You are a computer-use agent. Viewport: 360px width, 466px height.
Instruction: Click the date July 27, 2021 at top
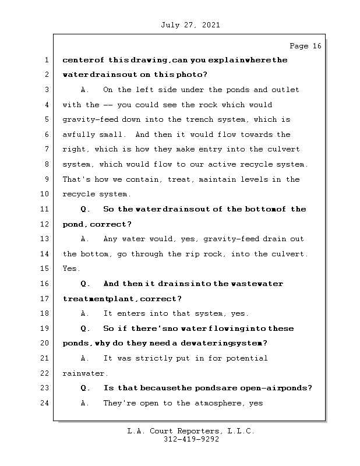[189, 25]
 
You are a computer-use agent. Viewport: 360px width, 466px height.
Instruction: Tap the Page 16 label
[305, 46]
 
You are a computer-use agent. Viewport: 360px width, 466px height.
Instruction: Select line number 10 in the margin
[45, 195]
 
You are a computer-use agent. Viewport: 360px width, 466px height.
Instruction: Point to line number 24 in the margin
[45, 403]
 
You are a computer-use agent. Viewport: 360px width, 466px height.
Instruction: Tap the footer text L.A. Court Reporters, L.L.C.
[190, 432]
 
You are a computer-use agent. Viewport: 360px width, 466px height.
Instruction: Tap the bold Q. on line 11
[85, 209]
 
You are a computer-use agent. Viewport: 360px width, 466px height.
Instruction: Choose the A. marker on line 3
[85, 90]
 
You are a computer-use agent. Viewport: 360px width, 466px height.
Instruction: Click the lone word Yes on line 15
[72, 269]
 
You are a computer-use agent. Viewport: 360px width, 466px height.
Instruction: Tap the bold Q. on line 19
[85, 329]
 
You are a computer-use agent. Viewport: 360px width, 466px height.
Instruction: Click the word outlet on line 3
[285, 90]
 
